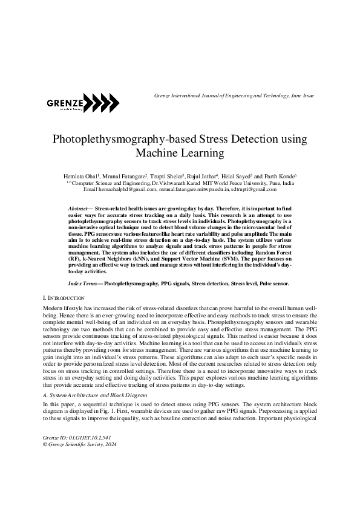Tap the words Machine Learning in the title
pyautogui.click(x=180, y=153)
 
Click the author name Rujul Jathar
pyautogui.click(x=198, y=175)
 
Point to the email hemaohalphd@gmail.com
pyautogui.click(x=125, y=189)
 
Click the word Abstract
pyautogui.click(x=79, y=208)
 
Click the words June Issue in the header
pyautogui.click(x=301, y=96)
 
